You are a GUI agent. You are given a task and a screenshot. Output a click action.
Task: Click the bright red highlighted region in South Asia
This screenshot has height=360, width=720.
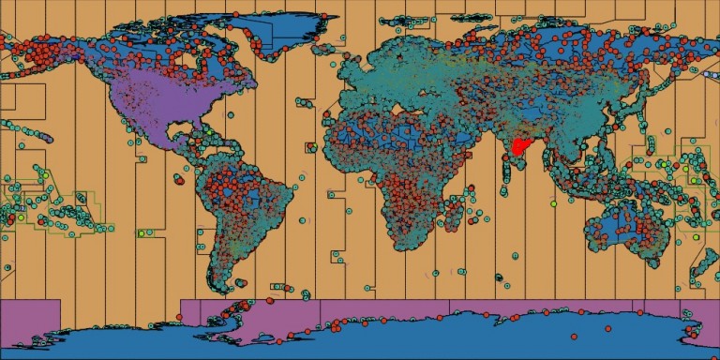click(518, 147)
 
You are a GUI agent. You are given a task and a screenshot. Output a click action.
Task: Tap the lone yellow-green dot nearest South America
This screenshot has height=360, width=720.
click(141, 232)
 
